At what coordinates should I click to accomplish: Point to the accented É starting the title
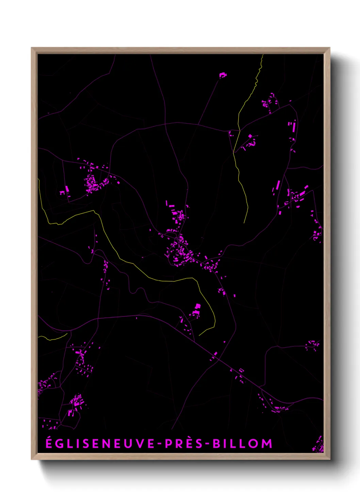[x=49, y=443]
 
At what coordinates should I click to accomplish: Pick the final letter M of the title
[x=267, y=444]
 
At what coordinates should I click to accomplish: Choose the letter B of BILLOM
[x=216, y=444]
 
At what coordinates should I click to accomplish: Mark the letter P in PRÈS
[x=168, y=444]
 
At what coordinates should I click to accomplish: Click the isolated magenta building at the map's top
[x=223, y=75]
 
